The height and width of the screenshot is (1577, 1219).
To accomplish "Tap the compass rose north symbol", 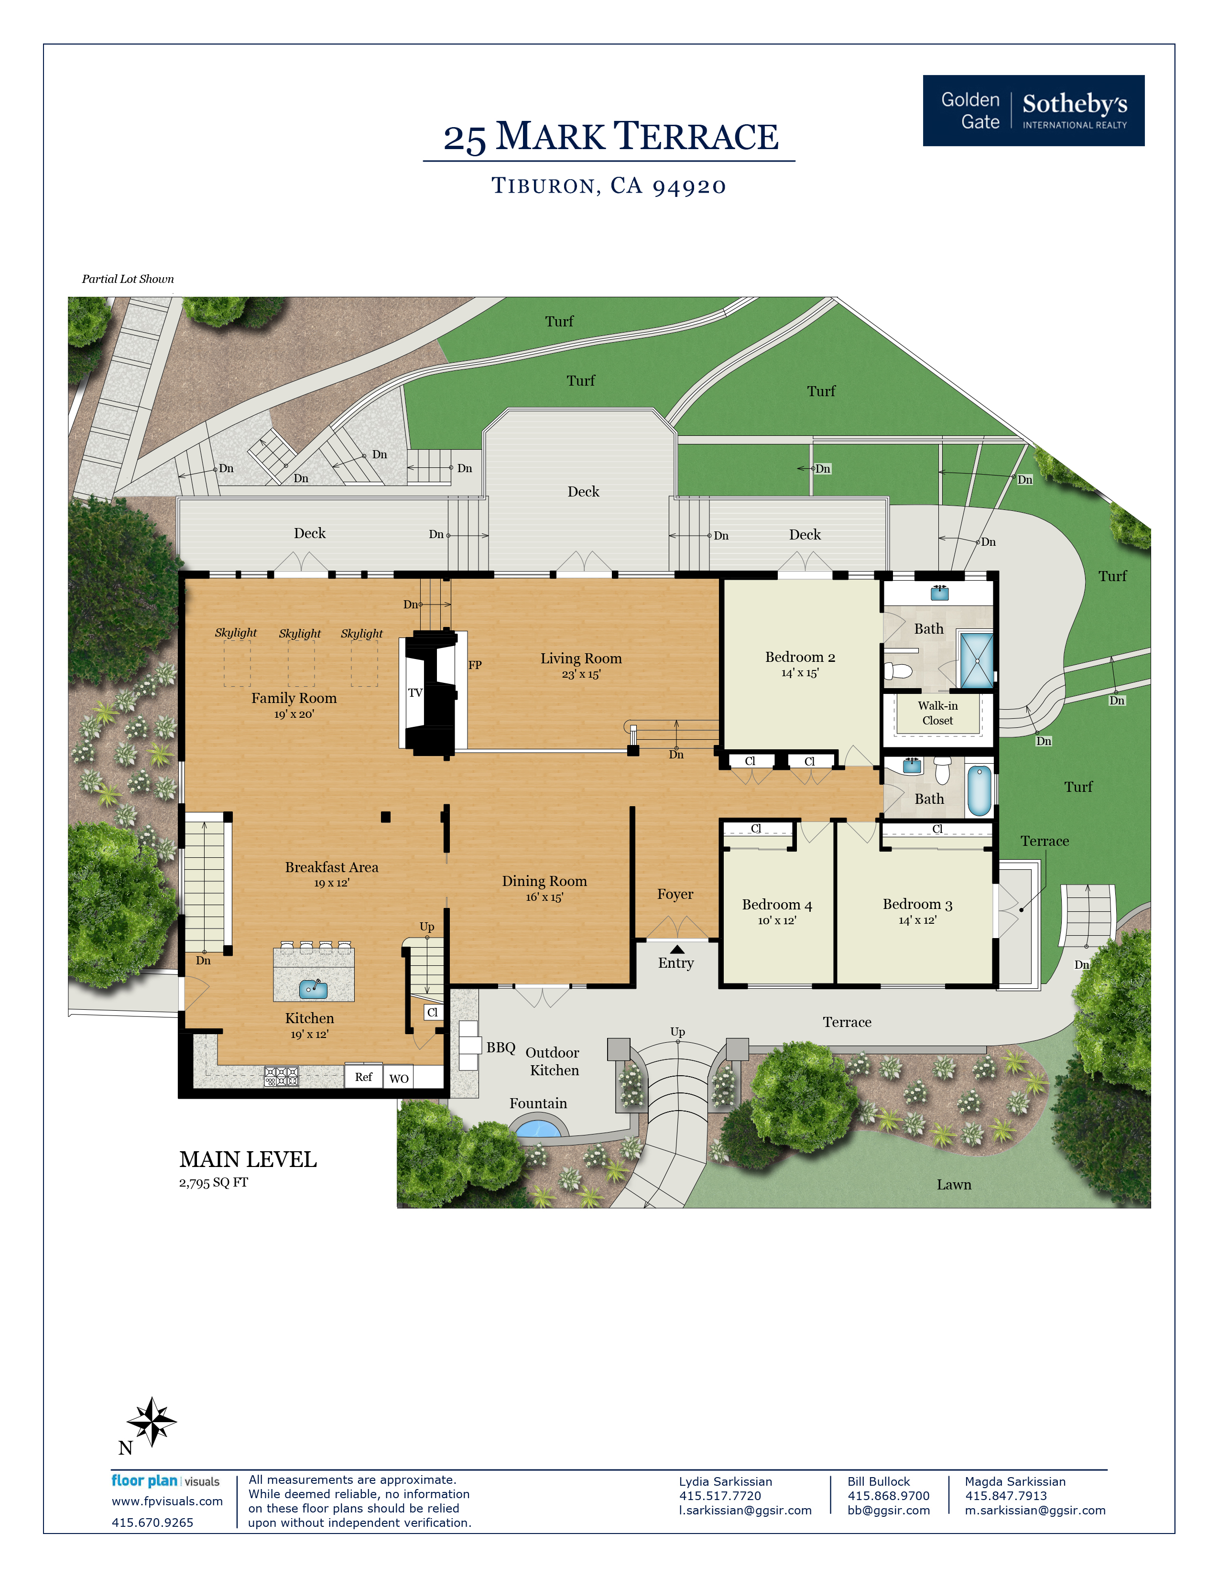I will pyautogui.click(x=151, y=1421).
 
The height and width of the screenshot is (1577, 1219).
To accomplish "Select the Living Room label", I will pyautogui.click(x=581, y=659).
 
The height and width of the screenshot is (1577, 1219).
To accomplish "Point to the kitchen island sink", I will pyautogui.click(x=313, y=989).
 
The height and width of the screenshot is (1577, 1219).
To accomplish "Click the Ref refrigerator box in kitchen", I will pyautogui.click(x=363, y=1077).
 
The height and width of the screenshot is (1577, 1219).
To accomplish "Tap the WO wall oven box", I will pyautogui.click(x=399, y=1078).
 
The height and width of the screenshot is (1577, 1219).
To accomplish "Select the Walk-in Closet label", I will pyautogui.click(x=937, y=713).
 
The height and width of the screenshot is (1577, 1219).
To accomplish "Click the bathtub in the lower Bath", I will pyautogui.click(x=979, y=791).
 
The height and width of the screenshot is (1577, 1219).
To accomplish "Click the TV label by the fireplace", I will pyautogui.click(x=414, y=692).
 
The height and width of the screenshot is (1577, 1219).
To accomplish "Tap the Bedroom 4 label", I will pyautogui.click(x=776, y=905).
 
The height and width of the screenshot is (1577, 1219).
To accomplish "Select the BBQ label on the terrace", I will pyautogui.click(x=501, y=1047).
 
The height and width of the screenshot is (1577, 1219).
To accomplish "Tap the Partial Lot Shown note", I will pyautogui.click(x=128, y=279).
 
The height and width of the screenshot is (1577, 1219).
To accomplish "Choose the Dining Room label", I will pyautogui.click(x=544, y=881).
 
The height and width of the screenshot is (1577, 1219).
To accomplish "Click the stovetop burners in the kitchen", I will pyautogui.click(x=281, y=1077).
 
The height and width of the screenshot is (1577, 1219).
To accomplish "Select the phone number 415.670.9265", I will pyautogui.click(x=152, y=1522).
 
